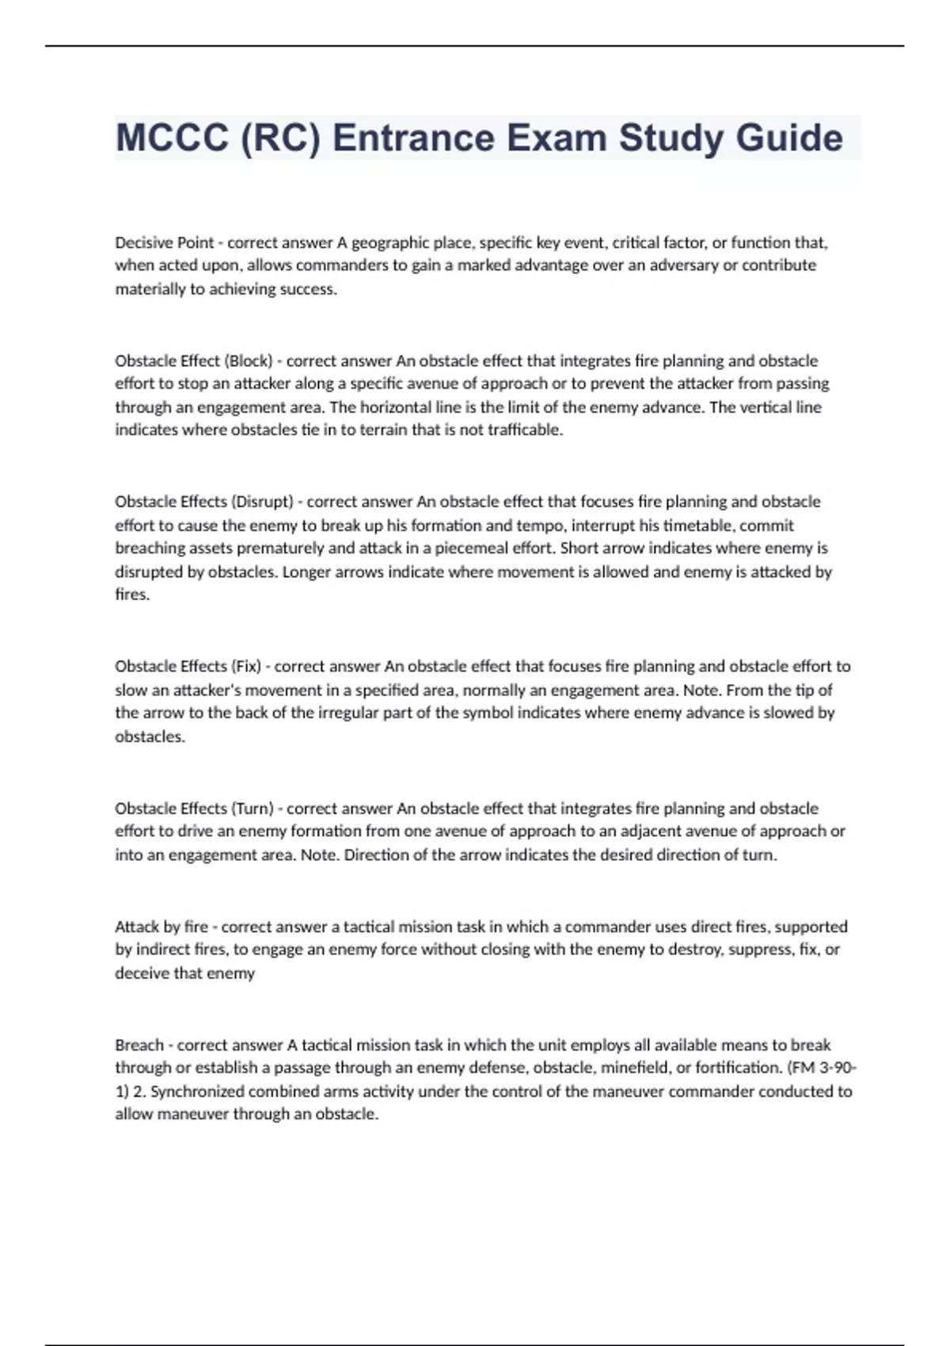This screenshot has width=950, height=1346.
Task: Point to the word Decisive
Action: click(x=142, y=242)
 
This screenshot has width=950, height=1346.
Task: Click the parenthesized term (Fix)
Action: click(x=246, y=666)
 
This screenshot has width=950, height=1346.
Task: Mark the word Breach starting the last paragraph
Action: click(x=139, y=1045)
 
